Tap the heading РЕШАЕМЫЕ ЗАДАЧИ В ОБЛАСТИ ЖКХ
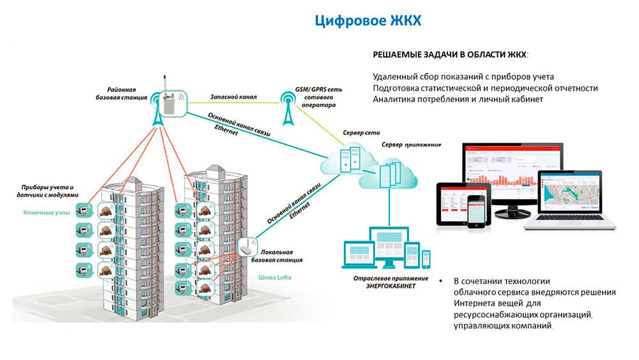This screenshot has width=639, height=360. [x=450, y=54]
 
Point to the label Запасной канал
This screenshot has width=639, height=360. [x=233, y=97]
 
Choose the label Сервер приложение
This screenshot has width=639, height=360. [x=411, y=145]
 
